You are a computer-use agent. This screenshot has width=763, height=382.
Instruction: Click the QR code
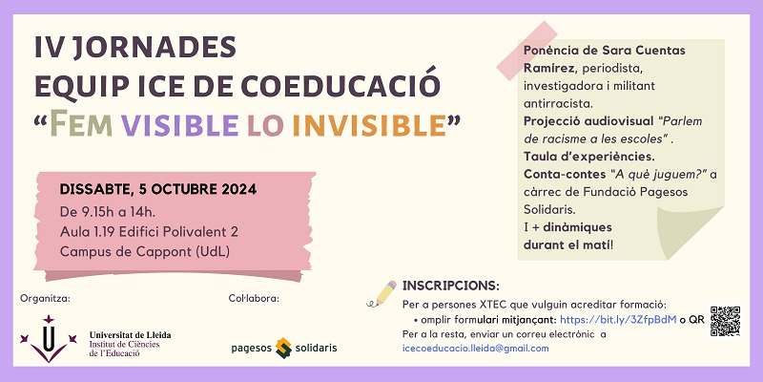point(725,321)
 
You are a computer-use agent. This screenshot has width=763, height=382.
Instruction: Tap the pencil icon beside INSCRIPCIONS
point(381,294)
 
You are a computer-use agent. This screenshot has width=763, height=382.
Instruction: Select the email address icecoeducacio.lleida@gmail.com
point(475,348)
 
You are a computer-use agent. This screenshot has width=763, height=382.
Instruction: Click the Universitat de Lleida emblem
point(49,339)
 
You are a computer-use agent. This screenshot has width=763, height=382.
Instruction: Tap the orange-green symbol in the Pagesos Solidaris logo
point(283,348)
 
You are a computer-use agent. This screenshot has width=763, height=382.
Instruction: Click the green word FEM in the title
point(81,124)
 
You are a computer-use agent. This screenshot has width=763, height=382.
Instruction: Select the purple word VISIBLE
point(179,125)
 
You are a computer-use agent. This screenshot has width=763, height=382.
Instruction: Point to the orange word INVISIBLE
point(369,125)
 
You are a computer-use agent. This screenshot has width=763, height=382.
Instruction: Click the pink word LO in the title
point(265,125)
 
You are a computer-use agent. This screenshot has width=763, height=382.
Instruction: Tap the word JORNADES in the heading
point(155,48)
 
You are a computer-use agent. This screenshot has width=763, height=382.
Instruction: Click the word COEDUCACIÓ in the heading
point(340,84)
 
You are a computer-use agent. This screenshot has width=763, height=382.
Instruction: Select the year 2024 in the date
point(239,189)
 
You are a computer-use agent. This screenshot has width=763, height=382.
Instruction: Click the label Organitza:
point(45,299)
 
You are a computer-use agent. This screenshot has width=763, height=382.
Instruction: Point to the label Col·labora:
point(254,298)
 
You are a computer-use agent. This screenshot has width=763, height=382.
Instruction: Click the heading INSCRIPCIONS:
point(450,286)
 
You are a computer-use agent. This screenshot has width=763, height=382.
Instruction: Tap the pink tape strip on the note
point(527,51)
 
